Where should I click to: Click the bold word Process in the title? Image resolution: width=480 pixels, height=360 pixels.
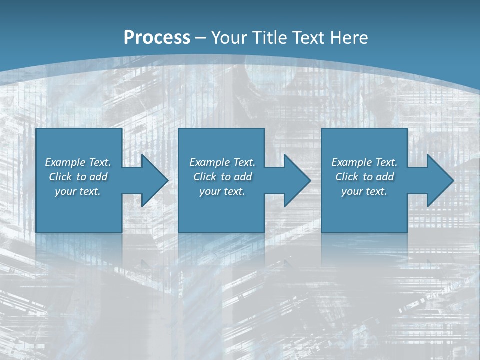157,38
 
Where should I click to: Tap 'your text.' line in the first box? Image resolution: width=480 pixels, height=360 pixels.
78,191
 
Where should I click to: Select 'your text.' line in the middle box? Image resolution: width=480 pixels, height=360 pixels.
222,191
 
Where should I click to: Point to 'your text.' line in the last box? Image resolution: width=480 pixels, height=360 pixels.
364,191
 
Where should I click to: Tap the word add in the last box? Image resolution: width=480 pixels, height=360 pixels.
385,177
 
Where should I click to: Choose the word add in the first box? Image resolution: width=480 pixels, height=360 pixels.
98,177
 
